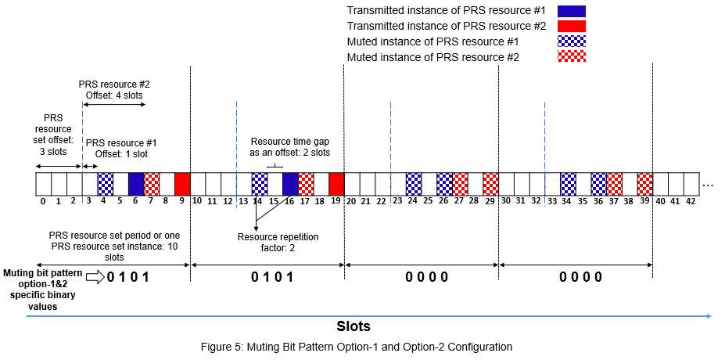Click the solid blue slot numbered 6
pyautogui.click(x=136, y=184)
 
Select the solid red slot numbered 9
pyautogui.click(x=182, y=184)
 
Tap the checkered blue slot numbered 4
pyautogui.click(x=105, y=184)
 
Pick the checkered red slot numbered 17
pyautogui.click(x=306, y=184)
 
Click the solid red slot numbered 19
pyautogui.click(x=336, y=184)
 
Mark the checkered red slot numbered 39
pyautogui.click(x=645, y=184)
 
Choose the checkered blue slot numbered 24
pyautogui.click(x=414, y=184)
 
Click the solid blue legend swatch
pyautogui.click(x=572, y=10)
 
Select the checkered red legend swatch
pyautogui.click(x=572, y=56)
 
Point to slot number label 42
pyautogui.click(x=691, y=201)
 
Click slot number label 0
pyautogui.click(x=43, y=201)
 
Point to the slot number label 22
pyautogui.click(x=382, y=201)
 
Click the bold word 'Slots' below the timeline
pyautogui.click(x=354, y=326)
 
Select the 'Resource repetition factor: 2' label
pyautogui.click(x=279, y=242)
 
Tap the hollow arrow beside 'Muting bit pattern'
pyautogui.click(x=94, y=276)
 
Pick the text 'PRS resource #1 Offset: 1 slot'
pyautogui.click(x=121, y=149)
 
